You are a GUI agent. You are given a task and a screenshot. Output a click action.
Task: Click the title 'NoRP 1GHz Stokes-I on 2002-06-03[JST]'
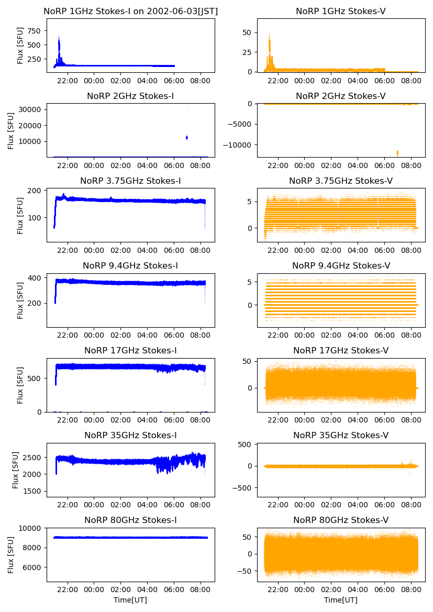click(130, 11)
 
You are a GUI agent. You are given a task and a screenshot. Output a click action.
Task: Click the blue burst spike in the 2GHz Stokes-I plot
click(187, 137)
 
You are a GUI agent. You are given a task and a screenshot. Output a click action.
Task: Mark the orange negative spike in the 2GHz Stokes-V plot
click(397, 153)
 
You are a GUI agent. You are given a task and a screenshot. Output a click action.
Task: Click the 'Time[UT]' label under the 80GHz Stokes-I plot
click(130, 600)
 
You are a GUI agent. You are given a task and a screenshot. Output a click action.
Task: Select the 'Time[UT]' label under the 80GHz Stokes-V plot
click(341, 600)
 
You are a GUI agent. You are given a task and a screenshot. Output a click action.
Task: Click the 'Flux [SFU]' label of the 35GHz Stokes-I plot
click(16, 470)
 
